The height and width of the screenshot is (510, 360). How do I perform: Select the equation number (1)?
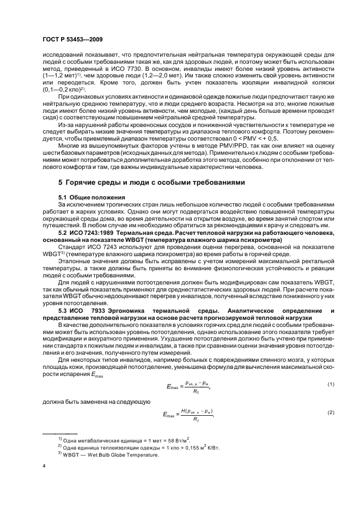[x=315, y=385]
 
